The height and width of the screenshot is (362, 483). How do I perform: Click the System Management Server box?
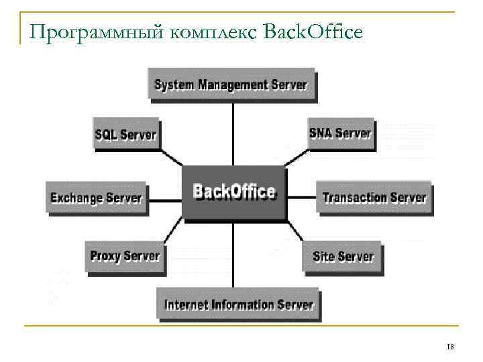231,85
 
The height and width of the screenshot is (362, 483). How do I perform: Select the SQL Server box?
125,134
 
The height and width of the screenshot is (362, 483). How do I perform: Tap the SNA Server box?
340,133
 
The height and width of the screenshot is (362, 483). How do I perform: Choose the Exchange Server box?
97,198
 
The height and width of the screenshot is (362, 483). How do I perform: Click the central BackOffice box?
234,192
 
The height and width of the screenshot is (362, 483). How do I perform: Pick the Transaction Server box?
374,198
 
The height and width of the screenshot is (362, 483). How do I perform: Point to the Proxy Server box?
125,256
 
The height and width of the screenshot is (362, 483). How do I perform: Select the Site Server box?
343,257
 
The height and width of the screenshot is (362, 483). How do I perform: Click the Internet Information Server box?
239,305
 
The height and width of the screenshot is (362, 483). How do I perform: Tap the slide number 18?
450,347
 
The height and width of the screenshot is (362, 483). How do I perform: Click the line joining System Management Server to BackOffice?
233,133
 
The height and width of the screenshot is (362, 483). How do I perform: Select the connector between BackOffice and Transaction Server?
301,198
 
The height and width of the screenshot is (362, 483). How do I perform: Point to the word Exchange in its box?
76,198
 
